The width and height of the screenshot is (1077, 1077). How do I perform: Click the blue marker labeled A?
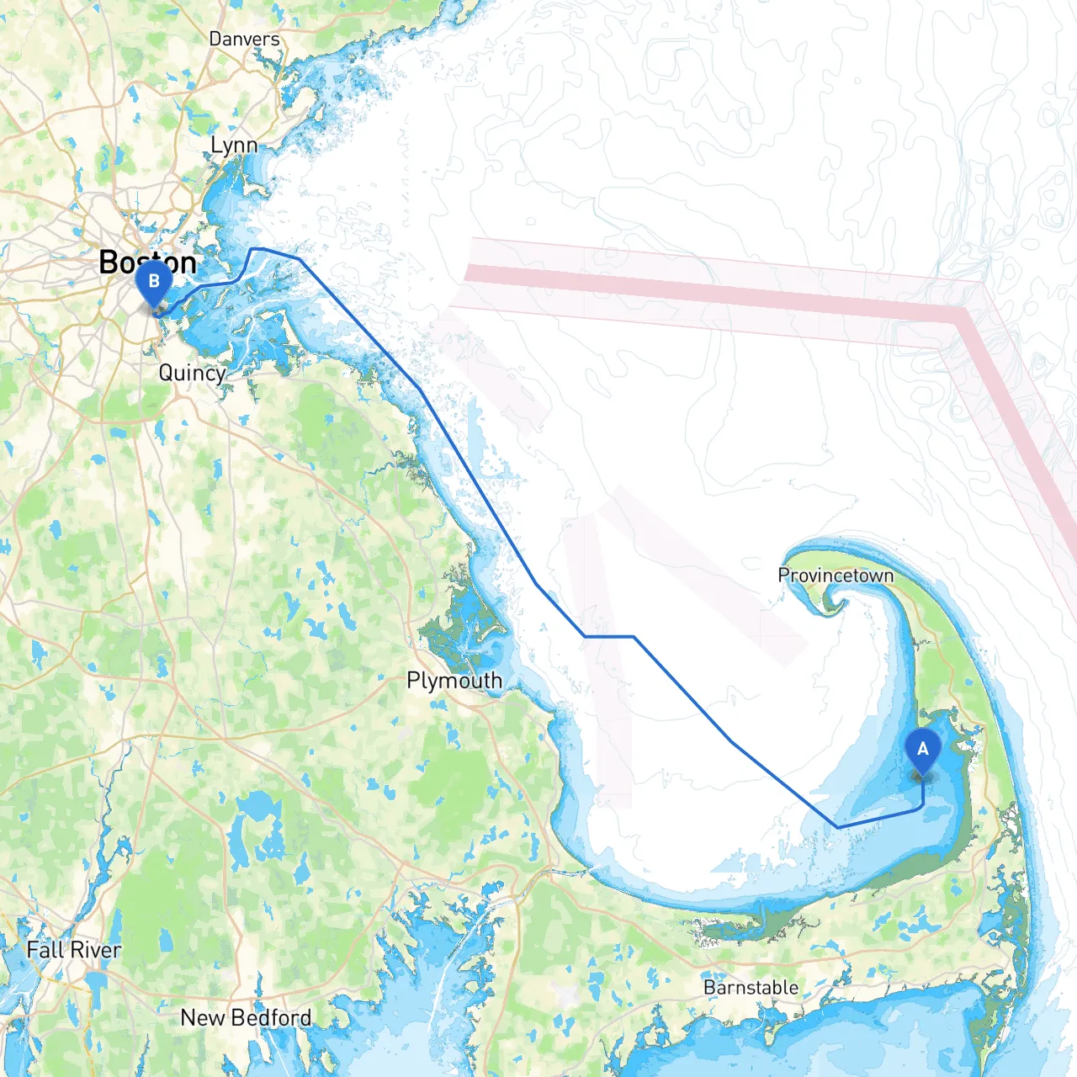[922, 751]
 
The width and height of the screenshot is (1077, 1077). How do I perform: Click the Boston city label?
[147, 262]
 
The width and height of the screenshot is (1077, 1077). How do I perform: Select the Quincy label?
[192, 373]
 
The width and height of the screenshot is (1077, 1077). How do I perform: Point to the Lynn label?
[234, 145]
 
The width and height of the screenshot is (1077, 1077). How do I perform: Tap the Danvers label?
[244, 39]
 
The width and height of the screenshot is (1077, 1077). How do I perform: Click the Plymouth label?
[454, 680]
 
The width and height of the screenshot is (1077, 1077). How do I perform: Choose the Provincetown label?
[836, 576]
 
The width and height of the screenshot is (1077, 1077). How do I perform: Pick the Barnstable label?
[751, 987]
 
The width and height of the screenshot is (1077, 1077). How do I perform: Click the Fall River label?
[74, 950]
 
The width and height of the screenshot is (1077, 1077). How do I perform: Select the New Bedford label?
[246, 1017]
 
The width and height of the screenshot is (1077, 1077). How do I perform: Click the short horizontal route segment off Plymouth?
[609, 637]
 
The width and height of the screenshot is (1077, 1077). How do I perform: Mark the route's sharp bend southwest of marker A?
[838, 827]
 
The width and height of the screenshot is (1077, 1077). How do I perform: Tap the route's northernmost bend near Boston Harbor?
[256, 249]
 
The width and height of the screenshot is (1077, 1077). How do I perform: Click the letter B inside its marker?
[154, 279]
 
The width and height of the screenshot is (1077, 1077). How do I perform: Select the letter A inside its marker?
[922, 748]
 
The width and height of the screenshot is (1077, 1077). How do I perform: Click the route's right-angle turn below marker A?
[921, 809]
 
